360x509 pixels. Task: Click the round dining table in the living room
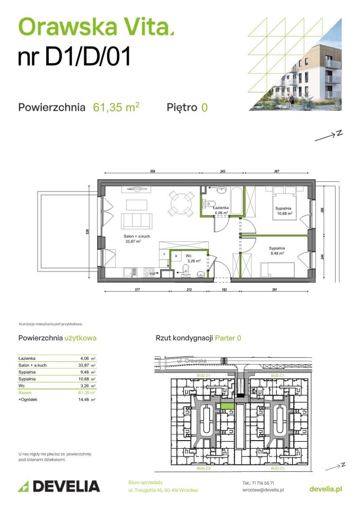point(181,202)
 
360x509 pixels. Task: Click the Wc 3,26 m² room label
point(188,258)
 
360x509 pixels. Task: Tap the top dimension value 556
point(152,172)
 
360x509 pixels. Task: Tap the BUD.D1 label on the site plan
point(204,375)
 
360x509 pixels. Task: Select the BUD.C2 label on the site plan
point(278,469)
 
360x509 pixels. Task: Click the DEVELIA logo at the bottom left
point(59,486)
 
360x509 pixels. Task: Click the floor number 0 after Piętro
point(204,107)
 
